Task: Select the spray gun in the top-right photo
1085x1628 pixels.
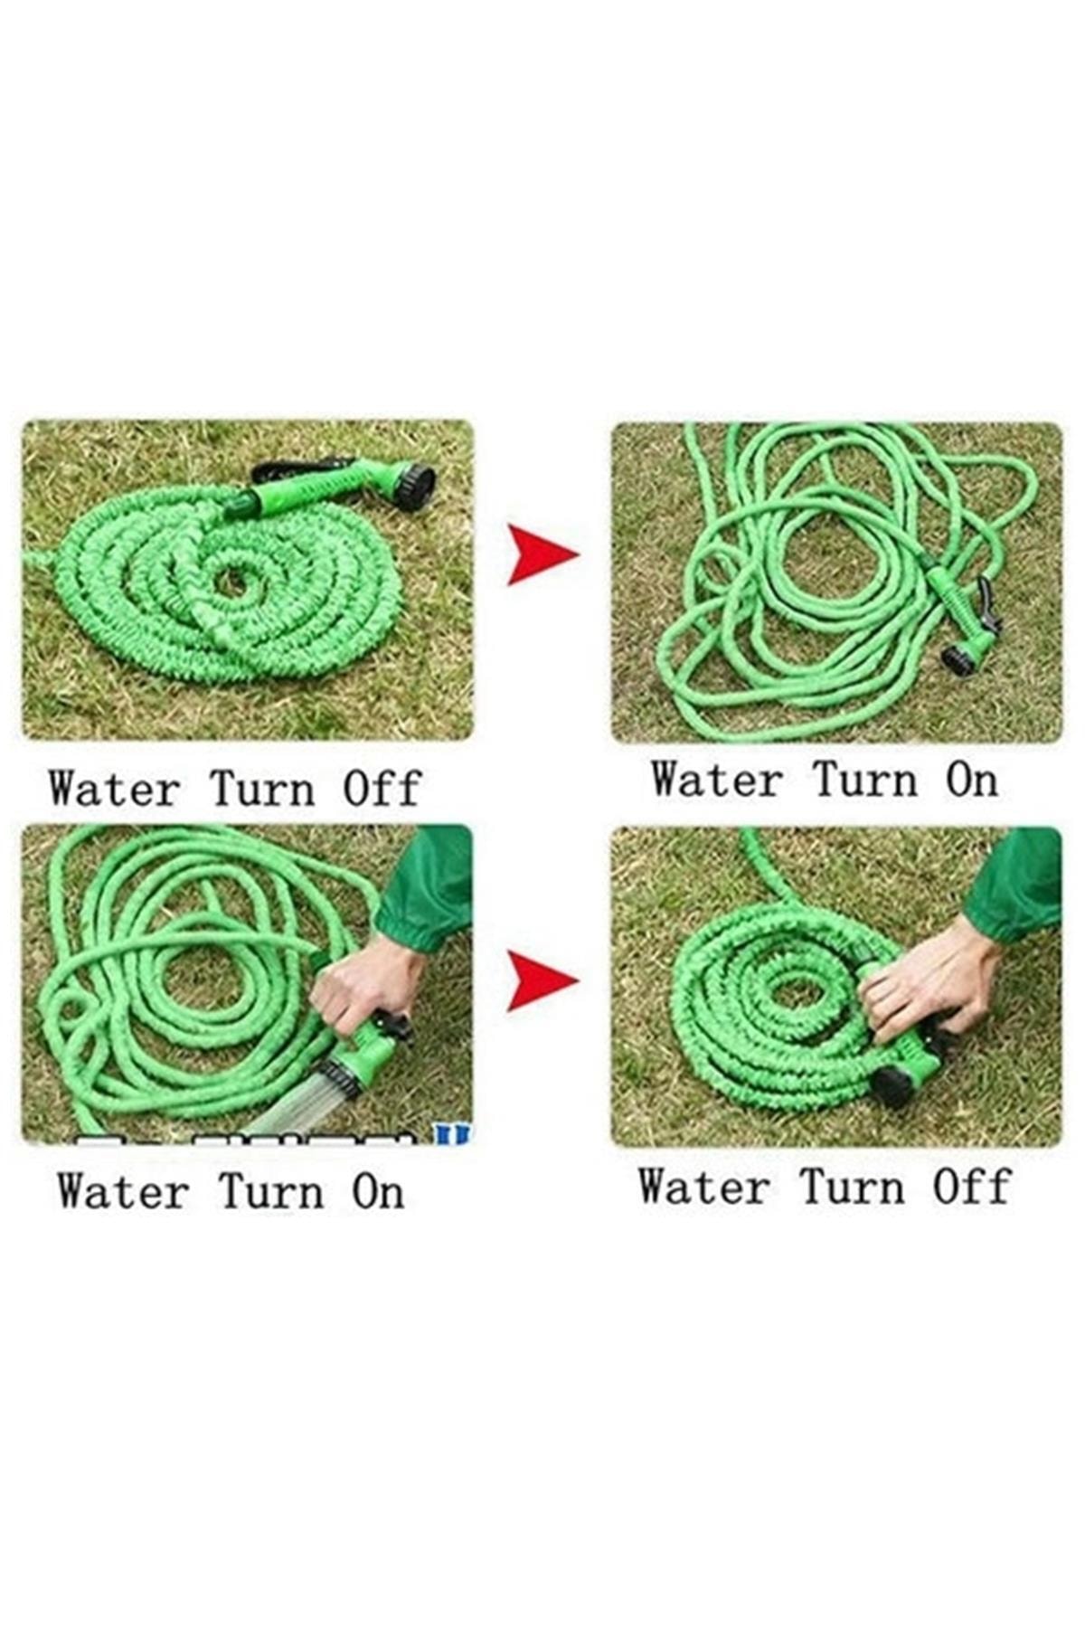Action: click(x=967, y=620)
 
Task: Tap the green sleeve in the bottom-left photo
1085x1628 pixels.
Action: click(x=425, y=886)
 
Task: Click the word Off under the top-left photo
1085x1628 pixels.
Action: click(x=382, y=789)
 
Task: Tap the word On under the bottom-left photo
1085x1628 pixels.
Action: click(x=378, y=1191)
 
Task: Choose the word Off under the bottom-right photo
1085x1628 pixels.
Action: click(x=971, y=1186)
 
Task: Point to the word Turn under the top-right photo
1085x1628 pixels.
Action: click(x=866, y=780)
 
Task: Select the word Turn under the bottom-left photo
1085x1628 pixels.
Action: click(x=271, y=1191)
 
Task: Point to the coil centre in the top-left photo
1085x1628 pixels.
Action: click(x=231, y=581)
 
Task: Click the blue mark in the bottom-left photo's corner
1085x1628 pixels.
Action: click(x=452, y=1134)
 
